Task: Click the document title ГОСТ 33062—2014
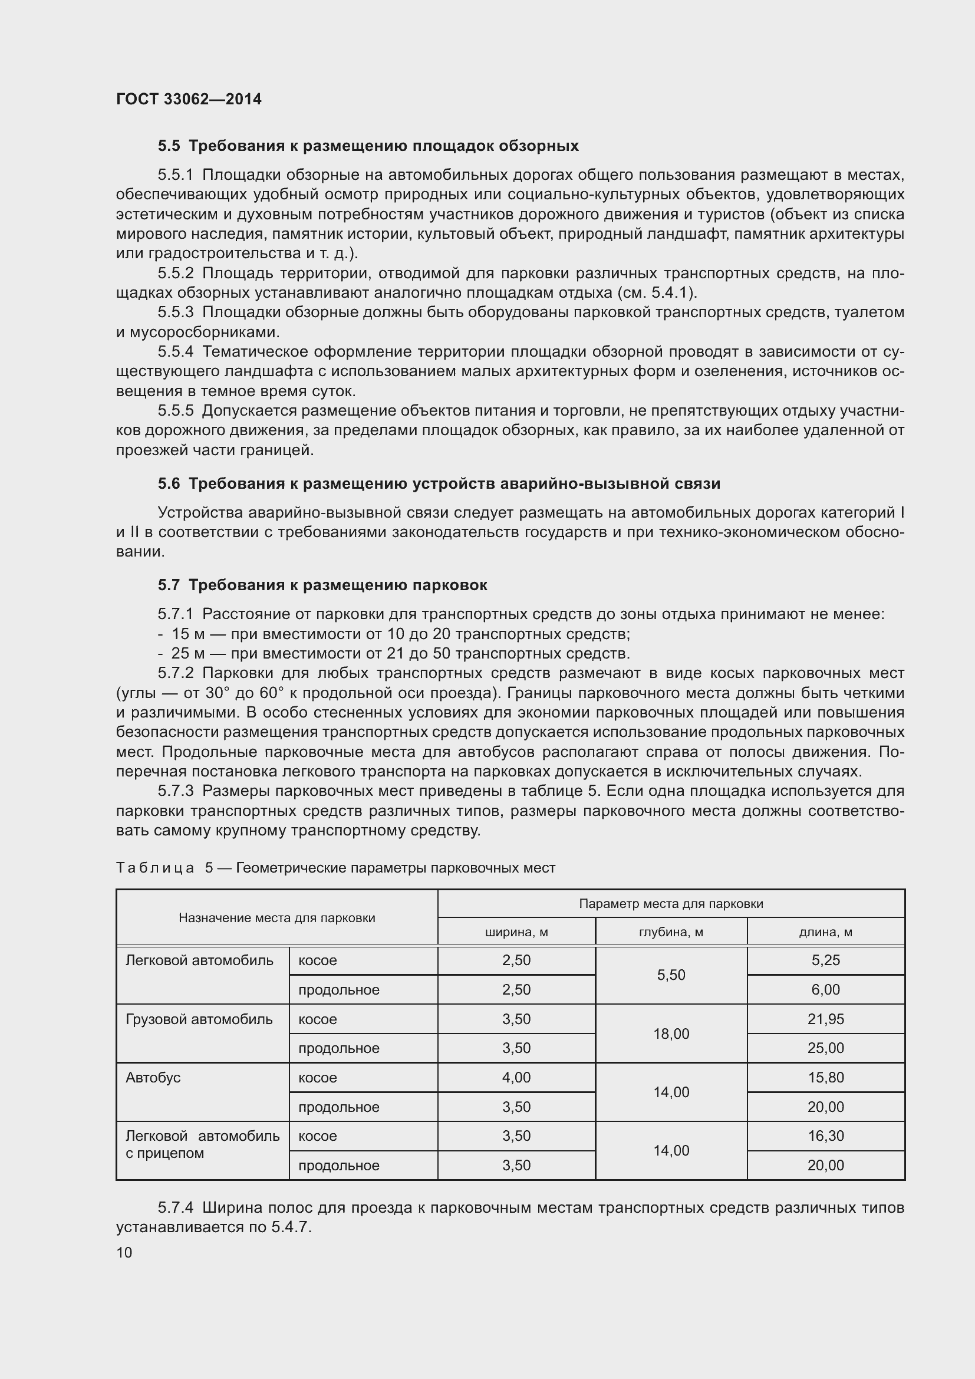tap(189, 99)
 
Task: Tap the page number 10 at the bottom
tap(124, 1252)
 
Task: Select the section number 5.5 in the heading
tap(169, 146)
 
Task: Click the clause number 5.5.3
tap(175, 312)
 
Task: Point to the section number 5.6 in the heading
tap(169, 483)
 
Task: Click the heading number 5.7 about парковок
tap(169, 585)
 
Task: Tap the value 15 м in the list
tap(188, 634)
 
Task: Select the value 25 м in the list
tap(188, 653)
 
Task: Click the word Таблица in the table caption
tap(155, 868)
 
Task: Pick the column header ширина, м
tap(516, 932)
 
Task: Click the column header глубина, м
tap(671, 932)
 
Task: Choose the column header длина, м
tap(825, 932)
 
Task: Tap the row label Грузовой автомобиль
tap(199, 1019)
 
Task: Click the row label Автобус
tap(153, 1078)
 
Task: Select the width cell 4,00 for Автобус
tap(516, 1078)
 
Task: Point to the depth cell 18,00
tap(671, 1034)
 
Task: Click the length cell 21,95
tap(825, 1019)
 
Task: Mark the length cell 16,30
tap(825, 1136)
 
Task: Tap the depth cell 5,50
tap(671, 975)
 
